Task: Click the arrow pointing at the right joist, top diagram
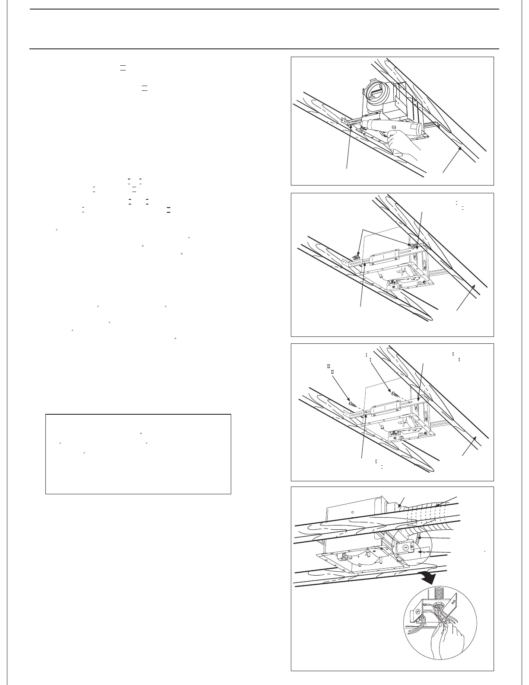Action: click(452, 160)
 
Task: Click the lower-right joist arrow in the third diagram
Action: click(469, 445)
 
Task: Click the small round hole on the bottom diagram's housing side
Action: click(353, 515)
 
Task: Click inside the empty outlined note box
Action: click(138, 454)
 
